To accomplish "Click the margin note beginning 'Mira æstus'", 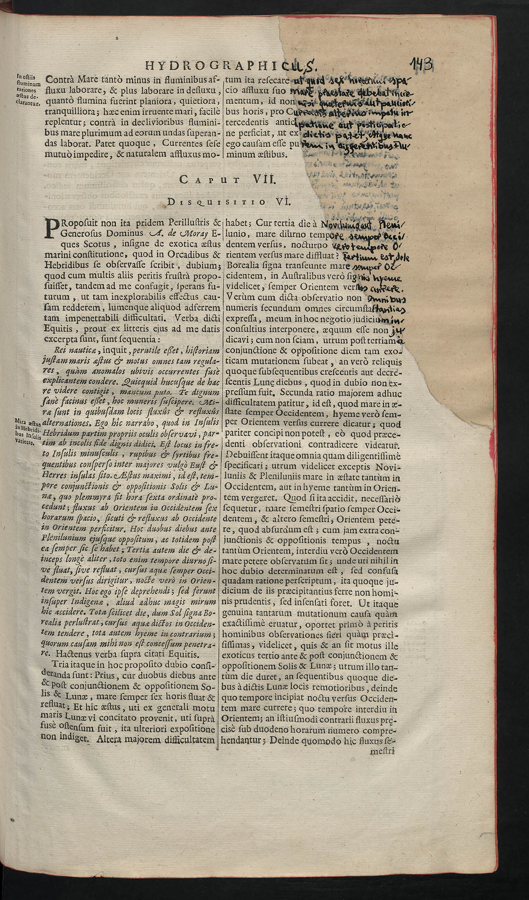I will click(27, 432).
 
